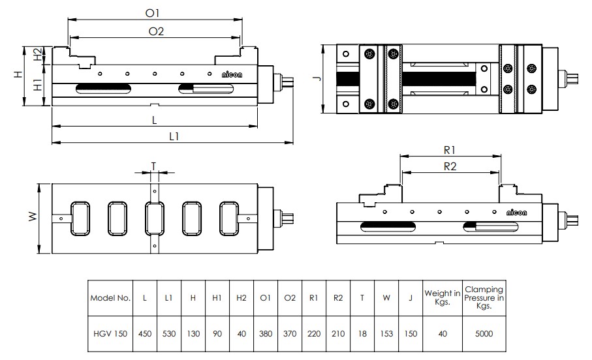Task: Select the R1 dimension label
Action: (x=450, y=149)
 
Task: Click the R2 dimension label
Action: (x=450, y=166)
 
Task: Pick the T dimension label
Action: (x=154, y=166)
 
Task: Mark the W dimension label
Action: (x=32, y=217)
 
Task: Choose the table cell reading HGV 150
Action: (x=111, y=334)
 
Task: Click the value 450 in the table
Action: (x=144, y=334)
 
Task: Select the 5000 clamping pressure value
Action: (x=484, y=334)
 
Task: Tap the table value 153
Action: (x=387, y=334)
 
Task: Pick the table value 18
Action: (x=363, y=334)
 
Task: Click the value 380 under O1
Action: (x=266, y=334)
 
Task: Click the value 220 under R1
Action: (x=314, y=334)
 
